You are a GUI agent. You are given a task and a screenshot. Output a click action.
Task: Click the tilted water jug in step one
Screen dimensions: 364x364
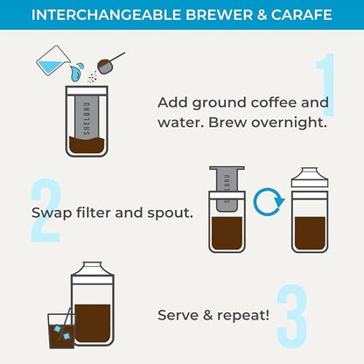coord(52,60)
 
